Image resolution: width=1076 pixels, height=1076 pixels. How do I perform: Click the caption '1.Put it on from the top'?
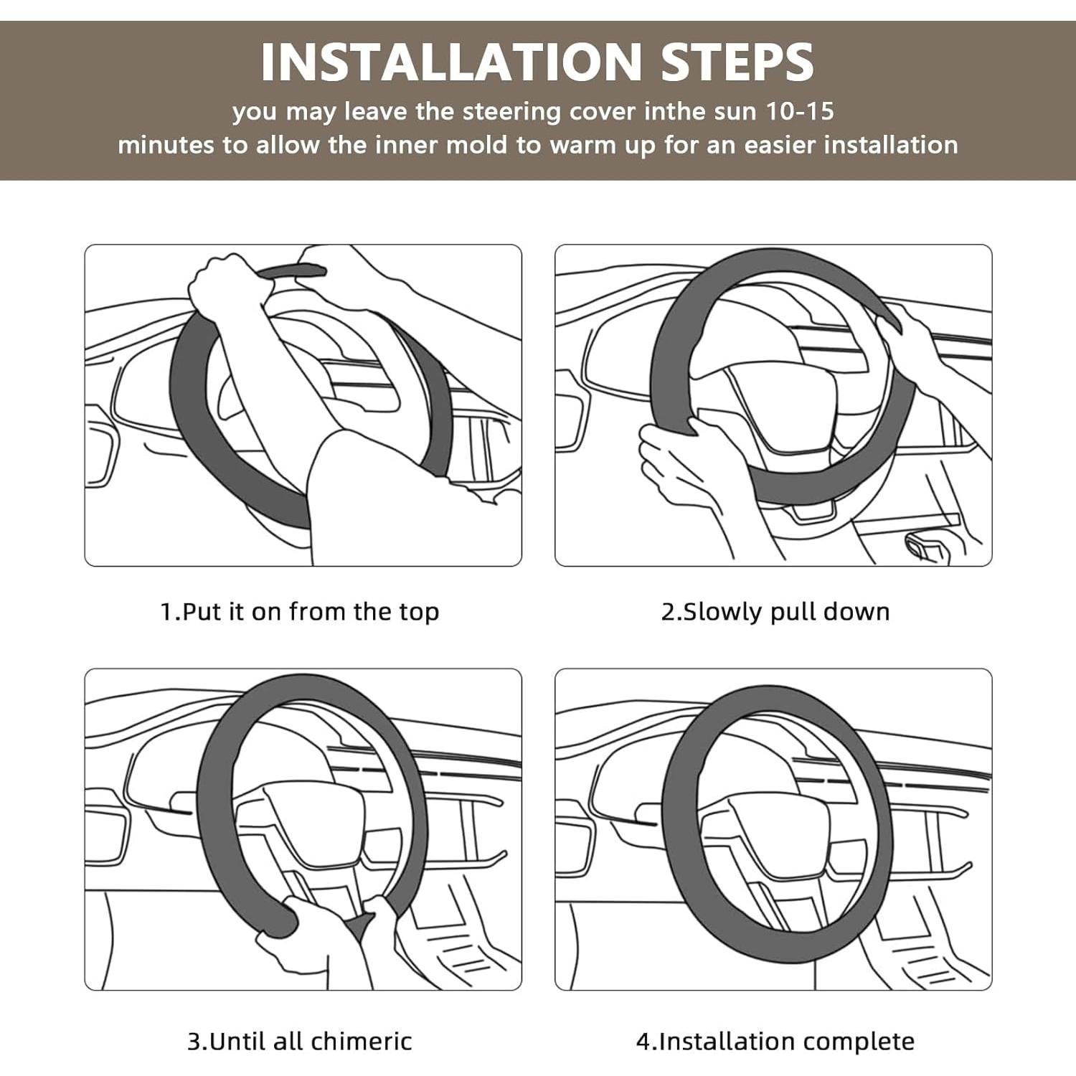point(300,612)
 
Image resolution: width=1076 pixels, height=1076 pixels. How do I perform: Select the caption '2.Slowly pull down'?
point(775,612)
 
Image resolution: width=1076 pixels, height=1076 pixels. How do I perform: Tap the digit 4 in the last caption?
point(643,1042)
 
